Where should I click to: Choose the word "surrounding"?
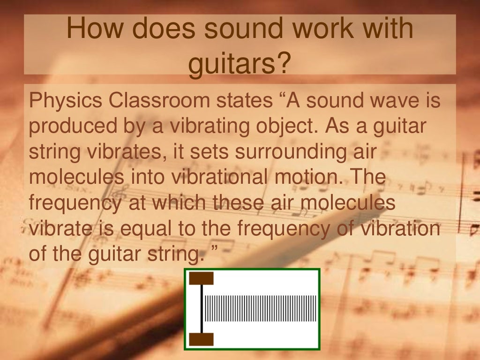click(281, 153)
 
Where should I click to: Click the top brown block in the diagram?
click(201, 278)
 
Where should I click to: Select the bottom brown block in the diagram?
click(201, 339)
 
